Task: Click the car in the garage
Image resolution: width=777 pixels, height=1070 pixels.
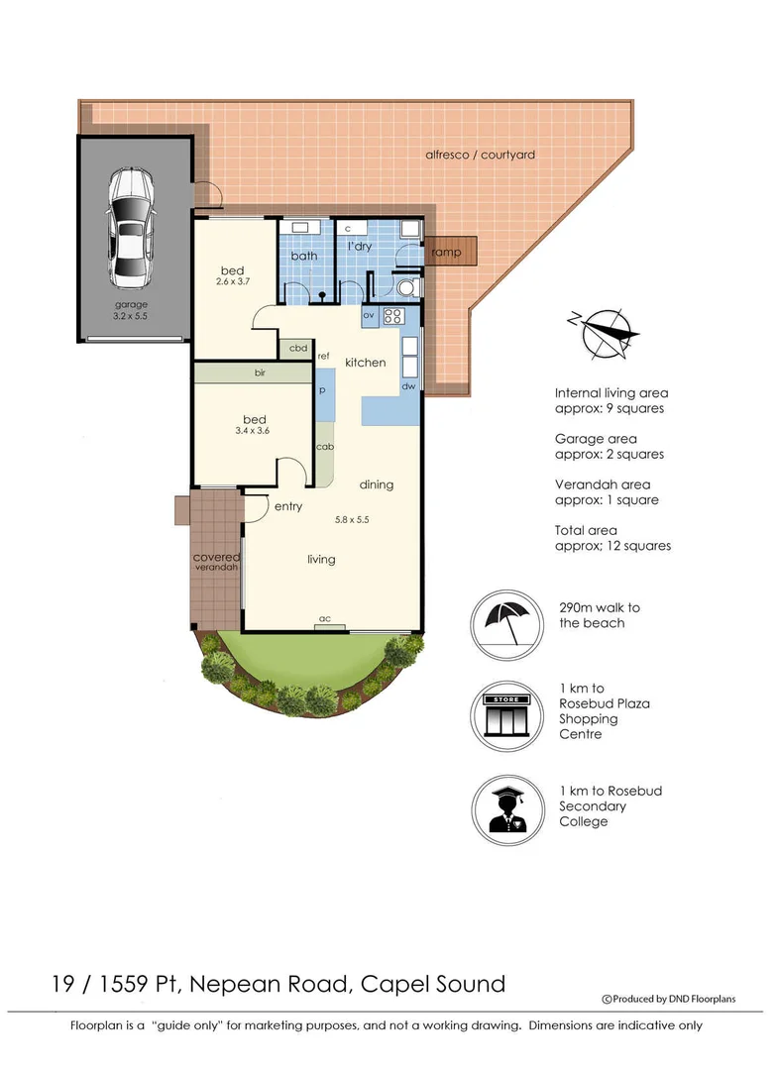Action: [x=130, y=225]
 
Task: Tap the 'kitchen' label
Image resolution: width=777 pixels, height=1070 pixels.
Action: [x=365, y=363]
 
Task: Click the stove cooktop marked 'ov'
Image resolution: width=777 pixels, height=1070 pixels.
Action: [x=392, y=316]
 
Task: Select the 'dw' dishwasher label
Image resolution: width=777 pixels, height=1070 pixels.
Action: [x=407, y=386]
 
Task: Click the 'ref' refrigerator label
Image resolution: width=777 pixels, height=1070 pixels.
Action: [x=323, y=355]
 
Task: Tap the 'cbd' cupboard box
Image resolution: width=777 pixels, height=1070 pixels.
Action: [x=296, y=348]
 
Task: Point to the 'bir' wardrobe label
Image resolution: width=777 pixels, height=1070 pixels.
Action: [x=260, y=374]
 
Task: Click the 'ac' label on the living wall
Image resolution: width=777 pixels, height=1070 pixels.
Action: [x=324, y=619]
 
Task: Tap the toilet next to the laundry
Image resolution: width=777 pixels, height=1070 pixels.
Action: [x=404, y=287]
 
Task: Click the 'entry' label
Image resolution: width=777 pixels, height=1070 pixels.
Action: [x=288, y=506]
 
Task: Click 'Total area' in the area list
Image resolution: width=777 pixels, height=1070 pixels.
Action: [x=587, y=530]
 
